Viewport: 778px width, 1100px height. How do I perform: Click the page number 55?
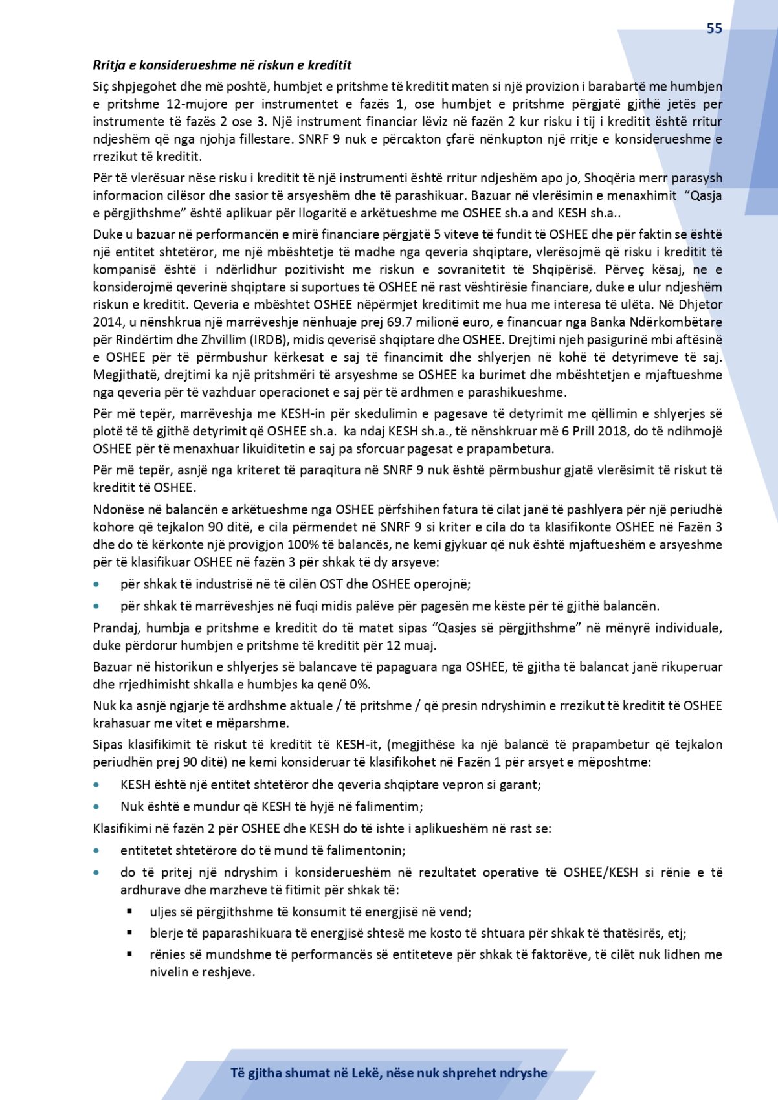(x=714, y=28)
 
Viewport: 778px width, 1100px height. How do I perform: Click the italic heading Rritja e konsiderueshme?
(x=222, y=65)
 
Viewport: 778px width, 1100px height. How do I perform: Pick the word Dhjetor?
(x=701, y=305)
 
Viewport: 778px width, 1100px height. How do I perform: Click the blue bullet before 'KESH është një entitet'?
(x=97, y=785)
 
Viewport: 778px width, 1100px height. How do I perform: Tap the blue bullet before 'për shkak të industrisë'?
(x=97, y=584)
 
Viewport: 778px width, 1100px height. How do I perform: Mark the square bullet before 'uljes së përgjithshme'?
(x=129, y=912)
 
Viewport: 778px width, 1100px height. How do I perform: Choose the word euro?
(x=507, y=322)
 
